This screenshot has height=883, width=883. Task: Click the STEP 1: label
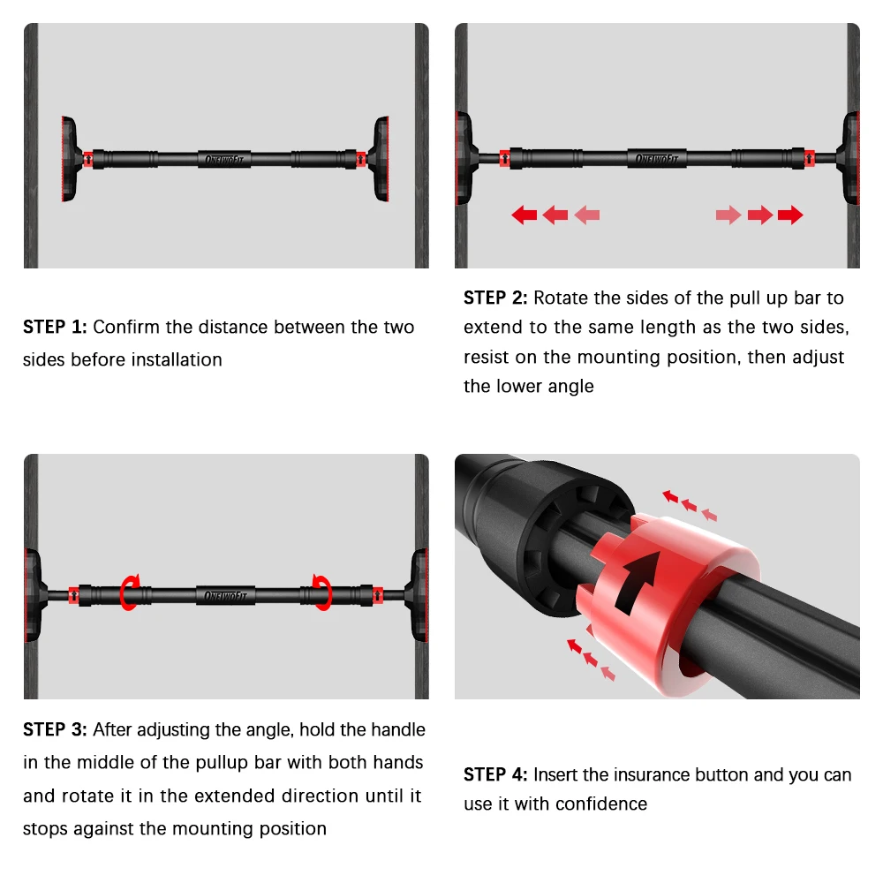[x=55, y=328]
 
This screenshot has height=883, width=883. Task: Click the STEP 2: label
[x=495, y=298]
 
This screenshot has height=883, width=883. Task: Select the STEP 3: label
[x=55, y=730]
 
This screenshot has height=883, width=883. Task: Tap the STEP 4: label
[x=495, y=775]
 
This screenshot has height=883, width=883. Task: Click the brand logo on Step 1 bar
[x=225, y=160]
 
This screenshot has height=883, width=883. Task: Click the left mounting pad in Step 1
[x=69, y=160]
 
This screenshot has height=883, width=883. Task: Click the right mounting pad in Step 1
[x=381, y=160]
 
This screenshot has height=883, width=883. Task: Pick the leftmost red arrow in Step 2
[x=525, y=215]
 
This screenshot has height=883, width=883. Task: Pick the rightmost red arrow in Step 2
[x=790, y=215]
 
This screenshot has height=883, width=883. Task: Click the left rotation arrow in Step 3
[x=131, y=592]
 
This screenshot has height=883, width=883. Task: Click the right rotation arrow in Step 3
[x=321, y=592]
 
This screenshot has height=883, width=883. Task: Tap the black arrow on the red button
[x=640, y=582]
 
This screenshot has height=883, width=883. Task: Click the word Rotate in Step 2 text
[x=559, y=298]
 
